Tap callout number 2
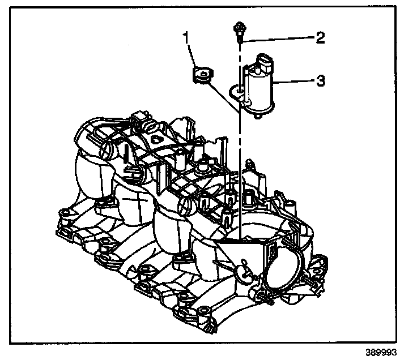320,38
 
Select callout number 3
320,82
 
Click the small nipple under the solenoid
258,116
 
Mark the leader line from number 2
278,38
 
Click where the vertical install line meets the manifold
240,238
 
